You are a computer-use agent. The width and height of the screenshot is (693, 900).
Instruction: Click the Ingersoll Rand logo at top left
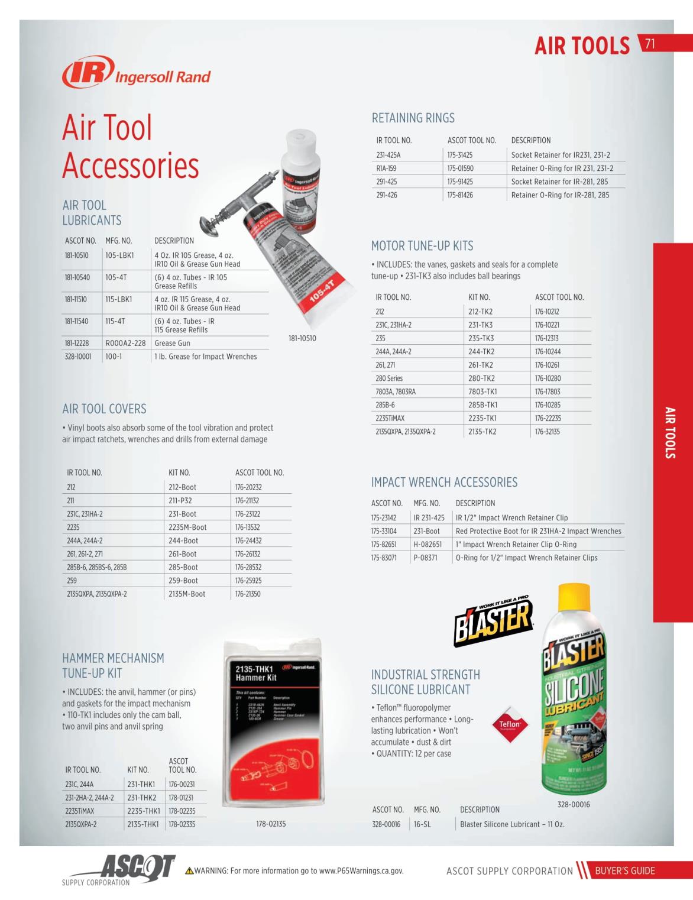[136, 73]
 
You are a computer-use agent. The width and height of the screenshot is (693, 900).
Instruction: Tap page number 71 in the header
[650, 44]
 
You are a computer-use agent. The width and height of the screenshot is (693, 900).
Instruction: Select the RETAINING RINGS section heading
[413, 118]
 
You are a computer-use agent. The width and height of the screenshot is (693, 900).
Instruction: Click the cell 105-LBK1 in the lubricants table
[120, 255]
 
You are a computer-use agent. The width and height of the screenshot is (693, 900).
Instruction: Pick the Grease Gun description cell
[172, 343]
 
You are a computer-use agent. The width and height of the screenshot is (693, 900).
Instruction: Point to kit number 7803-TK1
[482, 391]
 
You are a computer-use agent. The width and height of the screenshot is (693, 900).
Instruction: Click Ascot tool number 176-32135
[548, 432]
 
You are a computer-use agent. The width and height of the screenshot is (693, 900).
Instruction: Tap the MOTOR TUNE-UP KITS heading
[422, 246]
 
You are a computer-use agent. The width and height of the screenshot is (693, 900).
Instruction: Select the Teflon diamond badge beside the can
[509, 724]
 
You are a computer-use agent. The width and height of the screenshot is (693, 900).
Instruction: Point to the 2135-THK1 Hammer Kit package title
[255, 674]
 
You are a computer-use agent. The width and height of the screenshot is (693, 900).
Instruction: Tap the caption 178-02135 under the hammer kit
[271, 824]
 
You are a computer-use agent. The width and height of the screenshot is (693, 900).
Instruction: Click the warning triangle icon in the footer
[189, 870]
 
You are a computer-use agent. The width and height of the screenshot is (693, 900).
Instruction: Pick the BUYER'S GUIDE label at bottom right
[624, 870]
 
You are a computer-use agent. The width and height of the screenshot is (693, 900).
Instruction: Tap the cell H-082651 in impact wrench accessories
[428, 545]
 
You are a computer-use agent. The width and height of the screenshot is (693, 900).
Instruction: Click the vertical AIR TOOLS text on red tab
[671, 432]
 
